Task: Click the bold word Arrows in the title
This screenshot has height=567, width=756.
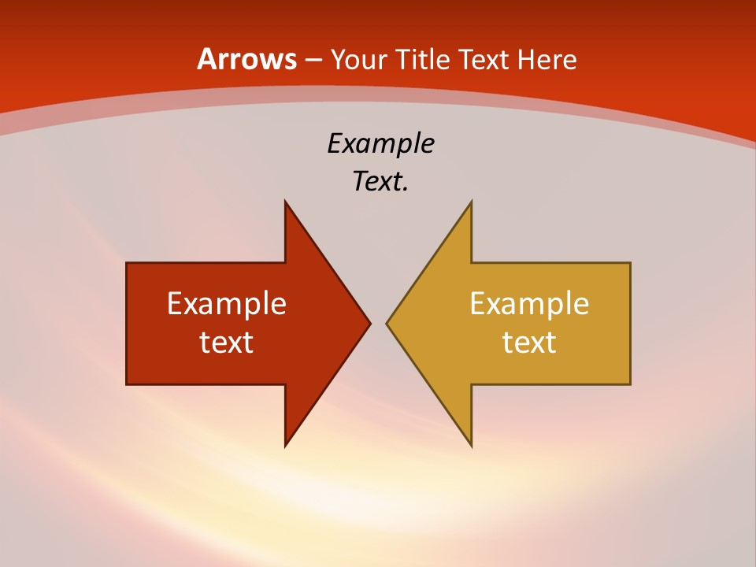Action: point(247,59)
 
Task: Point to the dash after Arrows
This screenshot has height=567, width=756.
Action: point(313,61)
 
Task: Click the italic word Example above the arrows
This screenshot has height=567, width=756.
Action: point(380,144)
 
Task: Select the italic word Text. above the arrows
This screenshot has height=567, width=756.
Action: point(380,182)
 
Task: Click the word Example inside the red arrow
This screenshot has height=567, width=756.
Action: point(227,304)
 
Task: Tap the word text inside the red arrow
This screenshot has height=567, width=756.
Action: point(227,343)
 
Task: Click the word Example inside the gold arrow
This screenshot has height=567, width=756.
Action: point(529,304)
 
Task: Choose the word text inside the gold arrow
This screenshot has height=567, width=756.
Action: point(529,343)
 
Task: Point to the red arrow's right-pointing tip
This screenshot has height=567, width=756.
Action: point(369,323)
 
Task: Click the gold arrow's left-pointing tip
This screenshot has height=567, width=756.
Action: point(387,323)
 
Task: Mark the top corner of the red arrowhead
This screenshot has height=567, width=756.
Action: point(285,201)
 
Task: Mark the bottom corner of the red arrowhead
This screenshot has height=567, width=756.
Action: point(285,447)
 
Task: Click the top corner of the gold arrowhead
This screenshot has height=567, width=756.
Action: point(471,201)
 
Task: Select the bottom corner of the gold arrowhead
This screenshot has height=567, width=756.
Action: point(471,447)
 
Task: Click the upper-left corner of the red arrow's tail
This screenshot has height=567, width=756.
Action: point(127,263)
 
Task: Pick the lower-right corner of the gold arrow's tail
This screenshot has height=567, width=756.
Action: point(630,384)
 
